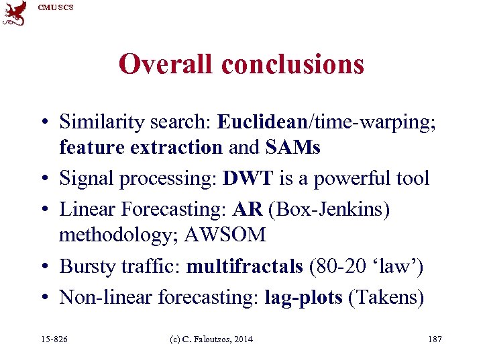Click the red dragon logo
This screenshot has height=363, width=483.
[x=15, y=13]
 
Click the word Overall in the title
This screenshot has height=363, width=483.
[x=166, y=65]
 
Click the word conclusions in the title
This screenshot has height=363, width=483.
[x=292, y=65]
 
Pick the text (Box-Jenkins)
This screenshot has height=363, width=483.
[x=329, y=209]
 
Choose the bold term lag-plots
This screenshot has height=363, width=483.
[x=304, y=296]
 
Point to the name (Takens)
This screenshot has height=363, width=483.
[x=386, y=296]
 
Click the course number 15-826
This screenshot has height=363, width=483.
[x=54, y=339]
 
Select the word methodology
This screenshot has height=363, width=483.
[x=119, y=235]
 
